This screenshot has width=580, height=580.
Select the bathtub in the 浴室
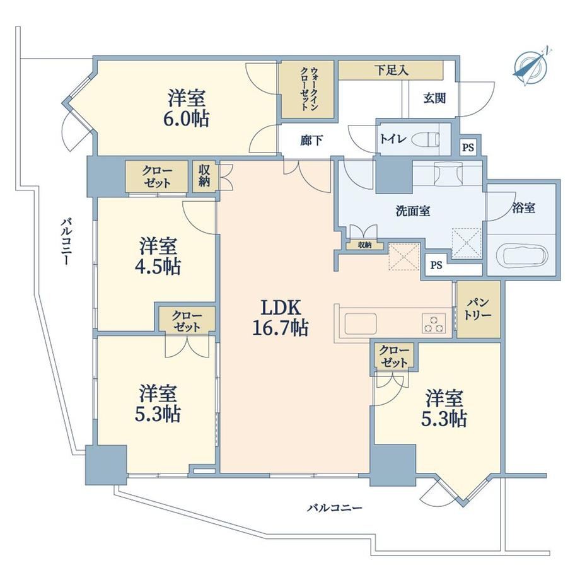point(522,255)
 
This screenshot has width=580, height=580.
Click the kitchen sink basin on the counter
point(360,323)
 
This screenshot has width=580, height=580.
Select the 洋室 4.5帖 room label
point(158,256)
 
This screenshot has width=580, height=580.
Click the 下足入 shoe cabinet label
point(391,69)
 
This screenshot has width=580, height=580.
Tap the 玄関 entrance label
point(434,98)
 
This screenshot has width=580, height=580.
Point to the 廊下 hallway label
point(311,141)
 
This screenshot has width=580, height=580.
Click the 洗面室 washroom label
point(412,211)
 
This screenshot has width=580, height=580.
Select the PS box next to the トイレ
point(468,148)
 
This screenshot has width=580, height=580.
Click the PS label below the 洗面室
point(436,265)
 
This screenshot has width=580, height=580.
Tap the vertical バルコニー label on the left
point(66,241)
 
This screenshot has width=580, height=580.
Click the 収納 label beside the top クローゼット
point(204,176)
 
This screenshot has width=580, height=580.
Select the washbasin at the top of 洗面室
point(448,173)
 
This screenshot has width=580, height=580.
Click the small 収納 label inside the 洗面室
point(365,245)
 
